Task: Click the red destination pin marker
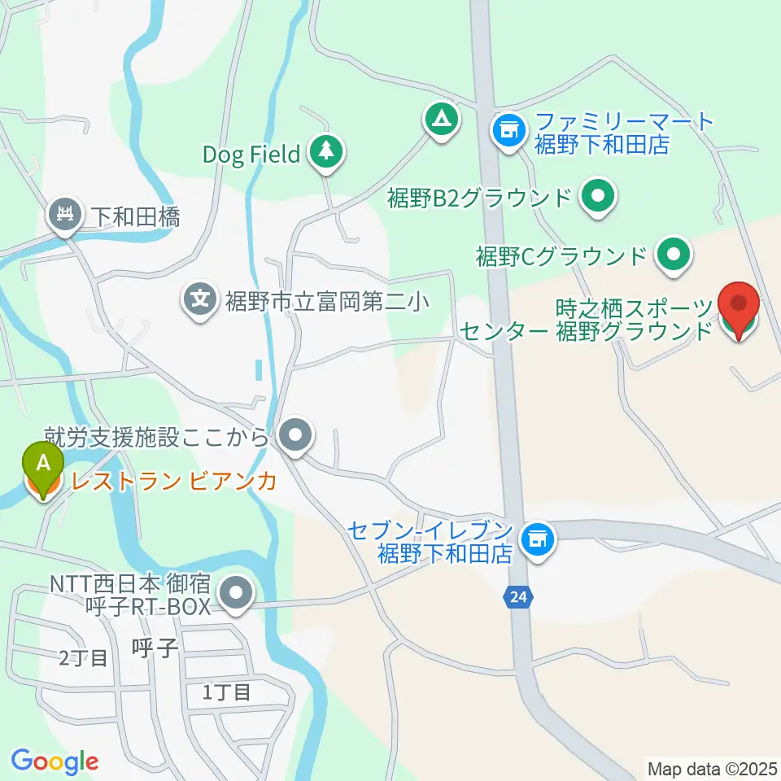click(739, 308)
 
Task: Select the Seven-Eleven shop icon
click(536, 537)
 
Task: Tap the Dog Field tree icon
click(325, 152)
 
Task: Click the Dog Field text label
click(251, 154)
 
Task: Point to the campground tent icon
click(442, 120)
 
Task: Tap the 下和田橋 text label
click(134, 217)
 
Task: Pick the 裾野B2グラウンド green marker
click(599, 197)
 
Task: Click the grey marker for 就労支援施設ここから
click(295, 435)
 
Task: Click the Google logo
click(55, 761)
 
